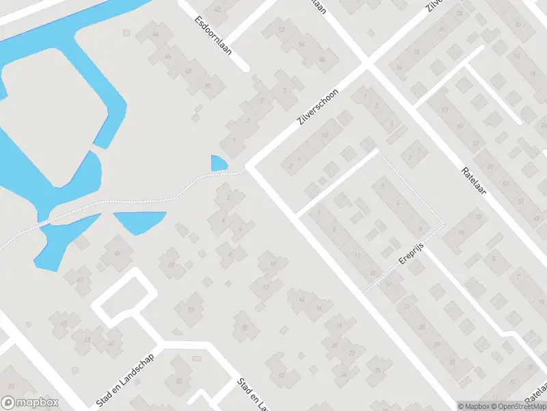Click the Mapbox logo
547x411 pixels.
point(30,403)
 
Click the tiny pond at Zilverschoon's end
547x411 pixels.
point(219,164)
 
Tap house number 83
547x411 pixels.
point(180,381)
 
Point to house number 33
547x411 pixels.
point(451,362)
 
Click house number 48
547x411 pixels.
point(187,71)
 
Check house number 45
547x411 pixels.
point(64,323)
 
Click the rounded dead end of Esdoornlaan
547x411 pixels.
point(244,66)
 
